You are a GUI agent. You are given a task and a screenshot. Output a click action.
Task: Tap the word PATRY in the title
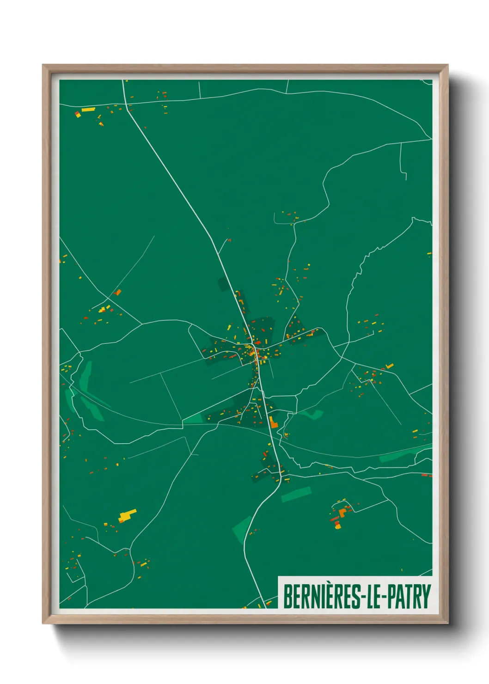[x=409, y=597]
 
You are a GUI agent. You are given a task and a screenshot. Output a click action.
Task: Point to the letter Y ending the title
[x=426, y=597]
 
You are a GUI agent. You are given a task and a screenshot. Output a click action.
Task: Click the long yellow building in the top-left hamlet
[x=88, y=110]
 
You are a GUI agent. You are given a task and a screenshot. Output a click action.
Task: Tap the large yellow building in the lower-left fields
[x=127, y=515]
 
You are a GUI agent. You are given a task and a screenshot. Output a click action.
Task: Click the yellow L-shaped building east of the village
[x=389, y=366]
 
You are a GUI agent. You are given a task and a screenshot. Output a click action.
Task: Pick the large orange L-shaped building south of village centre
[x=273, y=422]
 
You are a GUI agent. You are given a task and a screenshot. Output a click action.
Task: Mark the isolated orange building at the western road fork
[x=117, y=292]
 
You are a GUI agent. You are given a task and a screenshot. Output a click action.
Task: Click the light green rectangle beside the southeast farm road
[x=296, y=494]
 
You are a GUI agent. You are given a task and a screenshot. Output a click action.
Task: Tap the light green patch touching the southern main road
[x=242, y=528]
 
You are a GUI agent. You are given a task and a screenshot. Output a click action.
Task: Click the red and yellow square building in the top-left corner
[x=78, y=114]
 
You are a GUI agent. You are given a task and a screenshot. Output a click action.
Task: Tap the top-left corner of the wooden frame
[x=43, y=66]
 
